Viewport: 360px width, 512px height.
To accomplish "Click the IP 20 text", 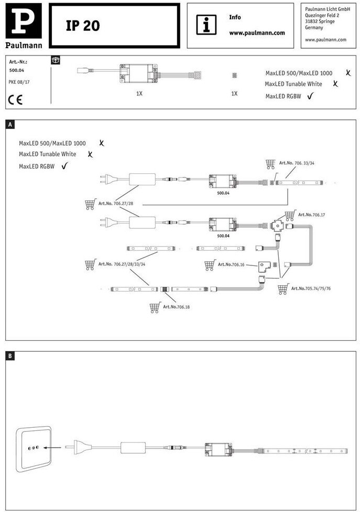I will [x=83, y=26].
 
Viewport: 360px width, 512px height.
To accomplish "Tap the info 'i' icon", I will [x=206, y=25].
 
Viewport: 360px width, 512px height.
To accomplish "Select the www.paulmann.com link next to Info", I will [x=257, y=32].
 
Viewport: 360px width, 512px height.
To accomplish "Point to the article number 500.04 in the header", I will [x=17, y=69].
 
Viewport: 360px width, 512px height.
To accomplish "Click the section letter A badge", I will [x=10, y=125].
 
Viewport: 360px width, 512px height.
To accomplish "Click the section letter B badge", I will [x=10, y=356].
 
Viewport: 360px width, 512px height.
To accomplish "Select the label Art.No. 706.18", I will [x=176, y=307].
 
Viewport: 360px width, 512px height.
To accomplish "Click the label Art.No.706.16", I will [x=231, y=265].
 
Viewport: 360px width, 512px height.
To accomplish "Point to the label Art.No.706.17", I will [x=312, y=215].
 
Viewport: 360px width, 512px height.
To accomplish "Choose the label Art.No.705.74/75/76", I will [x=311, y=288].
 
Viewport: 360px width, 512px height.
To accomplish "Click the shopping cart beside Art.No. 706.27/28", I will [x=90, y=204].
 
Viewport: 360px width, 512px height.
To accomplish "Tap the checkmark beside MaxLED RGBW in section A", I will [x=65, y=166].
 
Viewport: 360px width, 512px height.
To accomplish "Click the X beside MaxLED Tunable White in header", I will [x=335, y=83].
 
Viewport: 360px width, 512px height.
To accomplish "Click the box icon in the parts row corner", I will [x=56, y=60].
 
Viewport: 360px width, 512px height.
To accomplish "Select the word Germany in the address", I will [x=314, y=28].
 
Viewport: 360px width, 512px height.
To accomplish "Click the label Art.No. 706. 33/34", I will [x=297, y=163].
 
